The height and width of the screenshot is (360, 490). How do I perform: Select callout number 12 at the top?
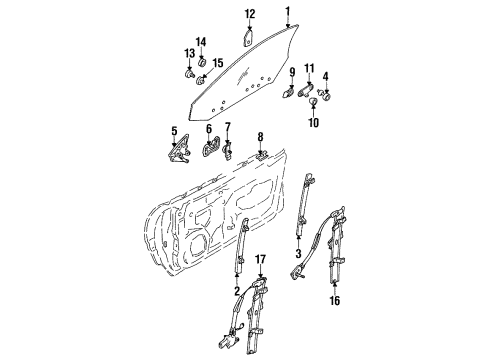(x=250, y=13)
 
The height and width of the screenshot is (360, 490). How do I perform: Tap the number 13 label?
(x=189, y=52)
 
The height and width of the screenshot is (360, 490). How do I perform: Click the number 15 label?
(x=219, y=63)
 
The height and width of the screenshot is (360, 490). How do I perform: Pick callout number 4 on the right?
(x=325, y=75)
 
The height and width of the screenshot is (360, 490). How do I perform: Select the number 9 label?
(x=292, y=73)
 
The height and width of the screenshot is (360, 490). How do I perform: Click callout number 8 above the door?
(x=260, y=137)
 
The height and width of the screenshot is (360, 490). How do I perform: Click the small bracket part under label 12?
(x=249, y=36)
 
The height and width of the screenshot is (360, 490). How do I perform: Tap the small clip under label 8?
(x=260, y=154)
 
